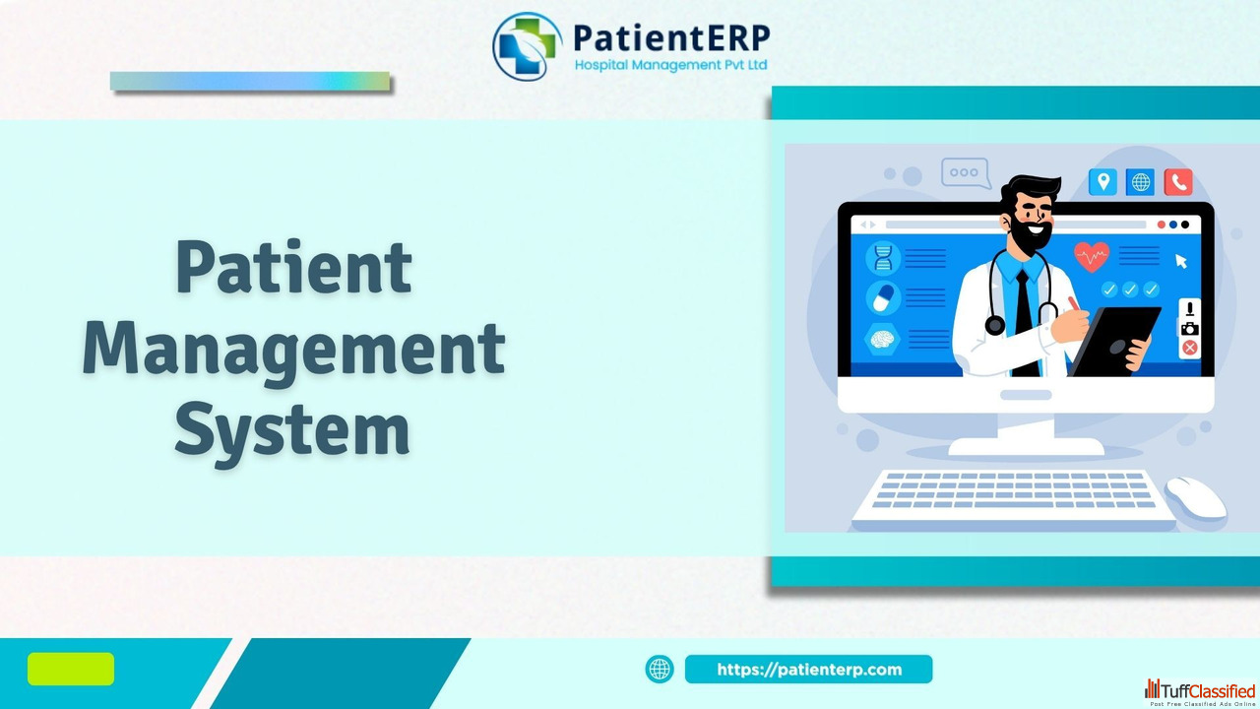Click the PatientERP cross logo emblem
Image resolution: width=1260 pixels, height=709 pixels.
tap(527, 46)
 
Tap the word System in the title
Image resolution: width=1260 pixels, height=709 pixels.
tap(292, 432)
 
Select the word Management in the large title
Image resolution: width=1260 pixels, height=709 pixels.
tap(293, 350)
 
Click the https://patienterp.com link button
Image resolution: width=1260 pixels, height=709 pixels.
tap(808, 669)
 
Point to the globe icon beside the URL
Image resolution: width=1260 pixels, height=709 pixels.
tap(660, 669)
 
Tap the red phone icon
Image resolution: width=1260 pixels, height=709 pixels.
tap(1178, 182)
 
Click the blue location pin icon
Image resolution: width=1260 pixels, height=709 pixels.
tap(1102, 182)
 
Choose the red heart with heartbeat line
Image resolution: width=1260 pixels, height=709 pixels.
tap(1092, 257)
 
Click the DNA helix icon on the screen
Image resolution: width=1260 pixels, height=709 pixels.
tap(883, 258)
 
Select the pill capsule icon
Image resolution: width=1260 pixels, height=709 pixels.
tap(883, 297)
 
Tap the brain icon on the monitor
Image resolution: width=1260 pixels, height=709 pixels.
tap(882, 339)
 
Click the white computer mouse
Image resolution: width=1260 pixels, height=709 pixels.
tap(1196, 497)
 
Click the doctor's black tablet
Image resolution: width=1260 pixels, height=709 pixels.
tap(1114, 341)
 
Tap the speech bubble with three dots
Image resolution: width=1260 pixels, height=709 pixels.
tap(966, 172)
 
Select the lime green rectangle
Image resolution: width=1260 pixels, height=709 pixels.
tap(71, 669)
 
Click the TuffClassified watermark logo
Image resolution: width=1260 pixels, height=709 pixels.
tap(1199, 692)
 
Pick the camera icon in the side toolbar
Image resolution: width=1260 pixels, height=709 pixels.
tap(1189, 329)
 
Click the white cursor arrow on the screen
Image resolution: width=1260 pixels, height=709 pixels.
tap(1180, 261)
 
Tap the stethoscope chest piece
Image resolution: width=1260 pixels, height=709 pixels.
tap(994, 325)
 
